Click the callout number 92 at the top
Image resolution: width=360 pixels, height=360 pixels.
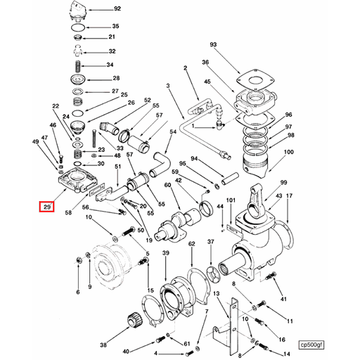pyautogui.click(x=117, y=9)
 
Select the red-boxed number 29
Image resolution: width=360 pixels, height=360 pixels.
pyautogui.click(x=47, y=207)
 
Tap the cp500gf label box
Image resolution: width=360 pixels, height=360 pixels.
pyautogui.click(x=311, y=345)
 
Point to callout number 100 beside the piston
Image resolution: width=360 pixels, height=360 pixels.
pyautogui.click(x=288, y=152)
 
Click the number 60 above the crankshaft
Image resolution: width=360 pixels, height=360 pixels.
pyautogui.click(x=167, y=185)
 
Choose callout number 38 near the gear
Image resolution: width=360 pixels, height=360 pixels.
pyautogui.click(x=103, y=345)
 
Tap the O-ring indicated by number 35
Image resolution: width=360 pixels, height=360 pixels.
pyautogui.click(x=78, y=27)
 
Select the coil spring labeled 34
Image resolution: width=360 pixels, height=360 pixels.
pyautogui.click(x=78, y=66)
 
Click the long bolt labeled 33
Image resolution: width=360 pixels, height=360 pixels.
pyautogui.click(x=94, y=139)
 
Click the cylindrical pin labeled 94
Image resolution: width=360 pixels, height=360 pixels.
pyautogui.click(x=230, y=179)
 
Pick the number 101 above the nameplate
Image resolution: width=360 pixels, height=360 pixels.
pyautogui.click(x=231, y=200)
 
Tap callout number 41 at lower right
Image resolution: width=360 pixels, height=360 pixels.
pyautogui.click(x=283, y=300)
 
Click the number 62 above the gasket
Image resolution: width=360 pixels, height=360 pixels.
pyautogui.click(x=192, y=244)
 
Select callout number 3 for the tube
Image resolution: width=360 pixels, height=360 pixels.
pyautogui.click(x=168, y=86)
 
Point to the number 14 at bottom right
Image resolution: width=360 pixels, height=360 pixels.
pyautogui.click(x=287, y=354)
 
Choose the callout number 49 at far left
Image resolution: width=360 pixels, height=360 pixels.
pyautogui.click(x=36, y=141)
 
